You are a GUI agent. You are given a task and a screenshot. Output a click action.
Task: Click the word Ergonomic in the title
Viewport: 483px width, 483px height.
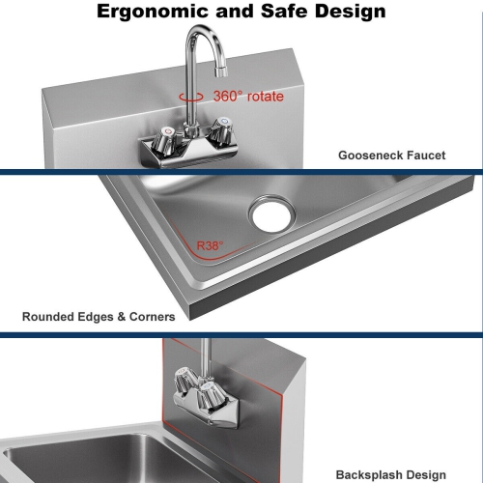(x=153, y=13)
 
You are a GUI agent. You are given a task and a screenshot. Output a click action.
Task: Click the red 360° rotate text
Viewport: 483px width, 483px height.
(x=248, y=97)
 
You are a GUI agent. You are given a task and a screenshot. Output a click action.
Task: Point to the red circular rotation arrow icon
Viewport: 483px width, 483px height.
(x=191, y=97)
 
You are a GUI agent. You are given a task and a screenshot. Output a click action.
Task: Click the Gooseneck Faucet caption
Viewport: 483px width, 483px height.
(x=392, y=156)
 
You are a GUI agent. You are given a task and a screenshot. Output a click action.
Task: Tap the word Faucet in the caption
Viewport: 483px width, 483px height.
(x=426, y=156)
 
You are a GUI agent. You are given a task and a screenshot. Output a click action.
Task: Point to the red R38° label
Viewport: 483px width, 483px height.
(x=210, y=246)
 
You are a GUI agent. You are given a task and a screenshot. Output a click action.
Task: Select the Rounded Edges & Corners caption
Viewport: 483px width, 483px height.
(x=99, y=317)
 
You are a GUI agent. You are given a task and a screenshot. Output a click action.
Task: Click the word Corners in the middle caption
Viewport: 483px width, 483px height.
(x=153, y=317)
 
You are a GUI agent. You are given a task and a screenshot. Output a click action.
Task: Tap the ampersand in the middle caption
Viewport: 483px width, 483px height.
(x=122, y=317)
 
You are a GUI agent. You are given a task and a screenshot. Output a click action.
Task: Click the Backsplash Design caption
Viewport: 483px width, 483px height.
(x=391, y=475)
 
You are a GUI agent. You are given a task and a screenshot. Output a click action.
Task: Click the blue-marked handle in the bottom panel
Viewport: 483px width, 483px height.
(x=210, y=397)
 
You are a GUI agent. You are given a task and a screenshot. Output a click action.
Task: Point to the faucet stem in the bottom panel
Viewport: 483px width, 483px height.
(x=205, y=358)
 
